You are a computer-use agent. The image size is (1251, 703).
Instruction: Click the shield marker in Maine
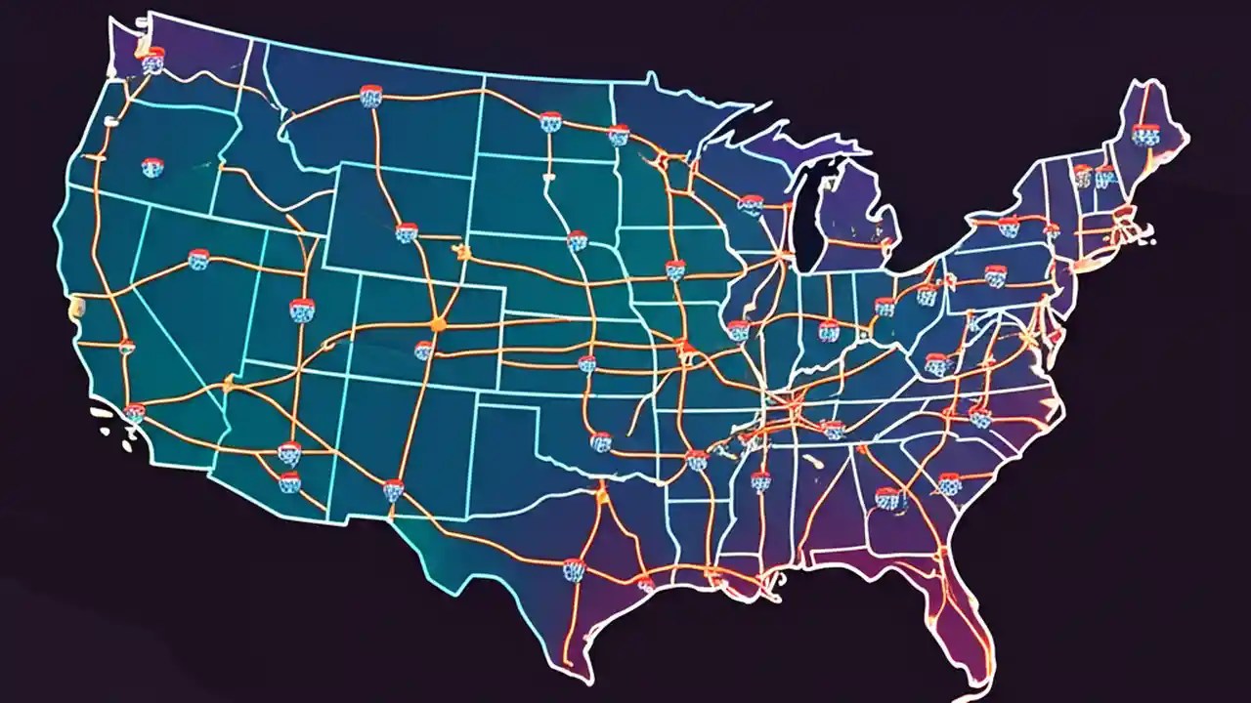(x=1144, y=134)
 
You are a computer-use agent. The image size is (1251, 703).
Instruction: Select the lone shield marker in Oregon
(x=151, y=167)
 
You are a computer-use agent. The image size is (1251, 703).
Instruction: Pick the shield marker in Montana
(x=370, y=96)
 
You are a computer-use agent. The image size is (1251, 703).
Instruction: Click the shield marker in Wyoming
(x=407, y=232)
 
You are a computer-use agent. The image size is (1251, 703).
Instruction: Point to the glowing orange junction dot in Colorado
(x=437, y=323)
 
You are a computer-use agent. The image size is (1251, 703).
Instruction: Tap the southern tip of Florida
(x=980, y=672)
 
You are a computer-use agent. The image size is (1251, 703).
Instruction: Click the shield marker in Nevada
(x=198, y=259)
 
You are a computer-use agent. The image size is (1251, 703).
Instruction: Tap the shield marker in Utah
(x=302, y=310)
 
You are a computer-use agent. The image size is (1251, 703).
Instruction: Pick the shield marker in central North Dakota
(x=550, y=121)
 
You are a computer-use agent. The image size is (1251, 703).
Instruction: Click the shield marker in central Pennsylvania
(x=994, y=276)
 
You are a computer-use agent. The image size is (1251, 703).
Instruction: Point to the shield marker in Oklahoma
(x=601, y=441)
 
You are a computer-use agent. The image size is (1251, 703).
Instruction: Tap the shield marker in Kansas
(x=586, y=363)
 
